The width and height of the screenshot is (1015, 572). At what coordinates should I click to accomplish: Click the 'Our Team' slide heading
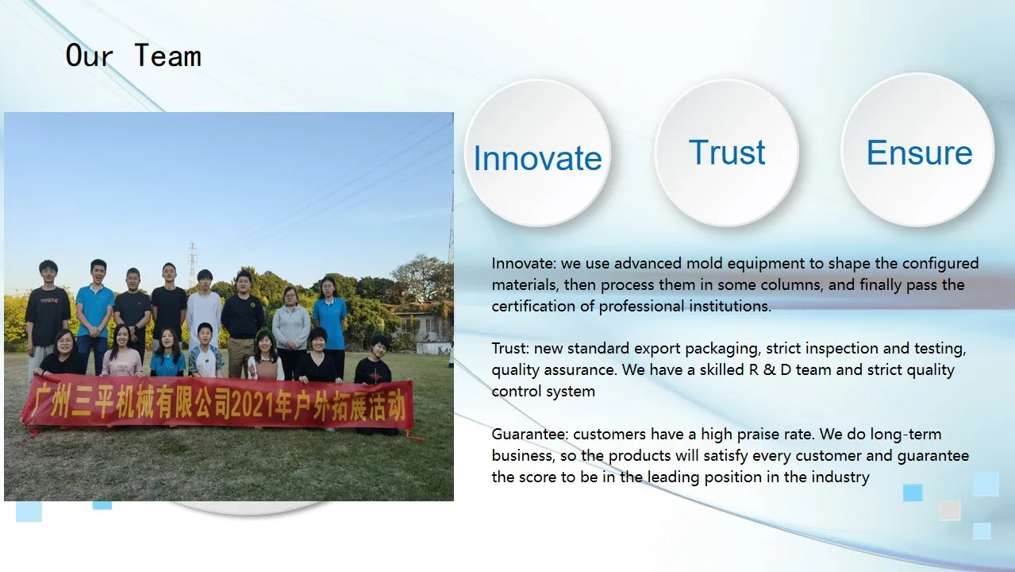[x=133, y=56]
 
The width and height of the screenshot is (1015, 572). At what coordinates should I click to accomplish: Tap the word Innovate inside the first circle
[x=537, y=158]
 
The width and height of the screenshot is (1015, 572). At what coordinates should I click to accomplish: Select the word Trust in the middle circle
[x=727, y=152]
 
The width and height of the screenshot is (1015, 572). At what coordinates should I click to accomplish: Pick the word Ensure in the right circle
[x=920, y=153]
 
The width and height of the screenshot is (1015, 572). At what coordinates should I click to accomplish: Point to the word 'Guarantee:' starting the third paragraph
[x=529, y=434]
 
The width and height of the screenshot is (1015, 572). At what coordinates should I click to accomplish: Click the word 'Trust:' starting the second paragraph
[x=510, y=349]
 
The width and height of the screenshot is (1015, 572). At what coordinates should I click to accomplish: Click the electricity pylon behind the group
[x=193, y=265]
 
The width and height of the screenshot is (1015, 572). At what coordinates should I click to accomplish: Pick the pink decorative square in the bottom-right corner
[x=949, y=510]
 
